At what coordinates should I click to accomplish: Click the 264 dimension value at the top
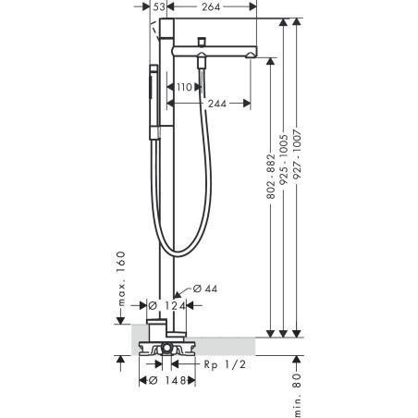(211, 6)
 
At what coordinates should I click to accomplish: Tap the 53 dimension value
(159, 6)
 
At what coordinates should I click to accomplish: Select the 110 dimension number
(184, 87)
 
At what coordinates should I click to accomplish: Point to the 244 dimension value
(217, 104)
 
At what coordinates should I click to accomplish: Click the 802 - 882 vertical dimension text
(271, 177)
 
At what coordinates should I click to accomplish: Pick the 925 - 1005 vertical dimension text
(284, 160)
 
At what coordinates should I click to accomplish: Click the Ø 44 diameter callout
(205, 289)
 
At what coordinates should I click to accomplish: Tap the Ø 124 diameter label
(166, 306)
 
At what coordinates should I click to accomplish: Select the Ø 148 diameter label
(167, 381)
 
